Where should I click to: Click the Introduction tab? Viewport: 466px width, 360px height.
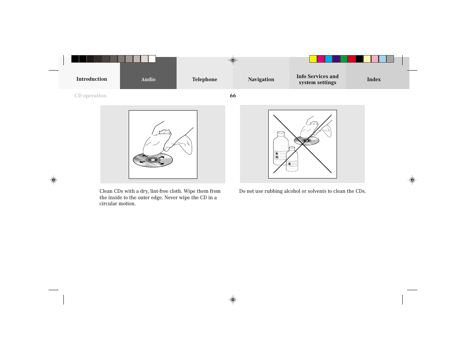tap(92, 79)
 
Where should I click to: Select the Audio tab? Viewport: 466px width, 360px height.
tap(148, 79)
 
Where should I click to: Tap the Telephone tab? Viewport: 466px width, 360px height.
tap(205, 79)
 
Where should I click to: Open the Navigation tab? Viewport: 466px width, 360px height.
tap(261, 79)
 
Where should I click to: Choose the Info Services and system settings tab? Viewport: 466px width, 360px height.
tap(317, 79)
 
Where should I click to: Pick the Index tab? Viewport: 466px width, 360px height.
tap(374, 79)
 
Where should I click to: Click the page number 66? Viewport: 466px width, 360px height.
tap(233, 96)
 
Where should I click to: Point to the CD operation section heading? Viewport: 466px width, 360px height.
tap(90, 96)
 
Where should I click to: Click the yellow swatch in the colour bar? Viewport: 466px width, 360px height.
tap(313, 59)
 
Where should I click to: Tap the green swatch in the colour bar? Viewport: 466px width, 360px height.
tap(344, 59)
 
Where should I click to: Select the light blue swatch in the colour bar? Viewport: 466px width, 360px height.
tap(383, 59)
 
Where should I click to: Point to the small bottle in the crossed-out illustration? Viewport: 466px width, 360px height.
tap(292, 160)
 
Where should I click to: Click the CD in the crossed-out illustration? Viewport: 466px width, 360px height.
tap(306, 141)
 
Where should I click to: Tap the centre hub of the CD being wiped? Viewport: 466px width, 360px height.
tap(152, 160)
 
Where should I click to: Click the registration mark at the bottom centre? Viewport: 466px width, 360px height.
tap(233, 300)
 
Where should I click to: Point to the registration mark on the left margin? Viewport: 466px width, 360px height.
tap(54, 180)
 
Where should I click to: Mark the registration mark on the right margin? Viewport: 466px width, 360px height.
tap(412, 180)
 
